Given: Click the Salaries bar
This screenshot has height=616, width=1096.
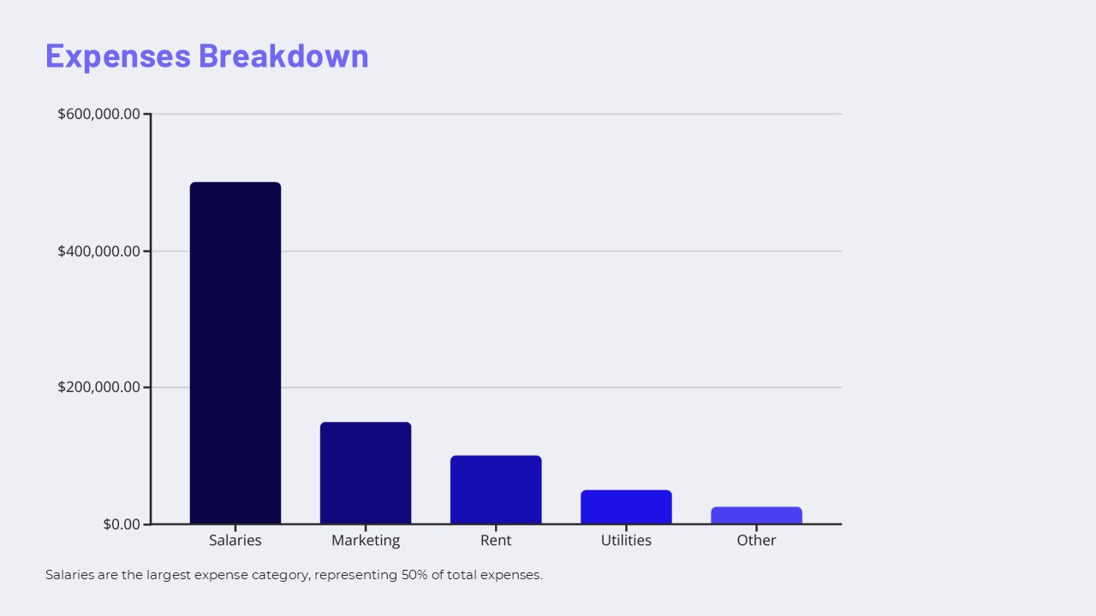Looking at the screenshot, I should [235, 352].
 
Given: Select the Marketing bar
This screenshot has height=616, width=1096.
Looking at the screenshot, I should [366, 472].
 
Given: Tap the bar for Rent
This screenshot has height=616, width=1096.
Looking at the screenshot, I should [496, 489].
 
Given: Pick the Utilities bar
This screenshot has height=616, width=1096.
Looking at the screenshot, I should [626, 506].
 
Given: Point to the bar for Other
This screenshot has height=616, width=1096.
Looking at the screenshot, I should [756, 515].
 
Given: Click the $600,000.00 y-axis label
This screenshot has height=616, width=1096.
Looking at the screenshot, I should [98, 114].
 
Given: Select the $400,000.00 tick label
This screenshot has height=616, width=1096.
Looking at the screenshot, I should [98, 251].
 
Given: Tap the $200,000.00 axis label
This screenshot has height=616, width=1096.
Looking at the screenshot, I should [98, 387].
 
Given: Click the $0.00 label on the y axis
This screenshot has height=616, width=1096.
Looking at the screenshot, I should [122, 524].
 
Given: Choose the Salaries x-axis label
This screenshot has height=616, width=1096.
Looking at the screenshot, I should [235, 541].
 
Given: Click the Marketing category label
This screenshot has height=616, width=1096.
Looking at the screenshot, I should [366, 541].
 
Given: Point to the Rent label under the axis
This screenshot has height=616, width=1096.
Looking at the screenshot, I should [496, 541].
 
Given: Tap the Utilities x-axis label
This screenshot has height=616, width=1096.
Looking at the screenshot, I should [626, 541].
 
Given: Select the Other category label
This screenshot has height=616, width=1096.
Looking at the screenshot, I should [756, 541].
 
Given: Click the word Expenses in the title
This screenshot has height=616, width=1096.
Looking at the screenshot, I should [118, 56].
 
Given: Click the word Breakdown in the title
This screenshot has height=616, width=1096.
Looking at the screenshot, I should [283, 56].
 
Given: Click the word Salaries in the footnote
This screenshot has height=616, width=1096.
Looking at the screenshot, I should [69, 575].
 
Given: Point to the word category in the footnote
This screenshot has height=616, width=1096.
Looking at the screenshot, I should [280, 575].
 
